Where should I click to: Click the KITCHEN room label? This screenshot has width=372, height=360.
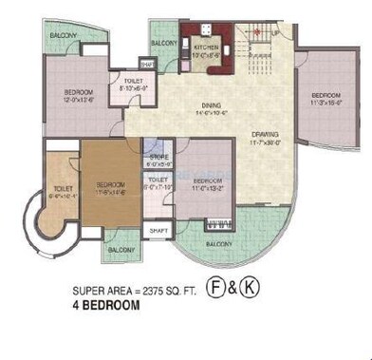point(207,45)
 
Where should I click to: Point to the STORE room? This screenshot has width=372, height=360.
point(158,158)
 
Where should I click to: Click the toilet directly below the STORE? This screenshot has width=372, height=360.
point(158,180)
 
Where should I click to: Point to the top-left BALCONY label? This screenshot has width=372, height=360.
point(64,36)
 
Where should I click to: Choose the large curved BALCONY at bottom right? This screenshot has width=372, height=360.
point(220,242)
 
